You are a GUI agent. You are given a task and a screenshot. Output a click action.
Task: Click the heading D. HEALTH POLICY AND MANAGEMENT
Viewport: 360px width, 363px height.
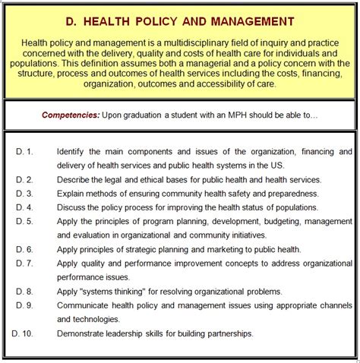click(x=180, y=23)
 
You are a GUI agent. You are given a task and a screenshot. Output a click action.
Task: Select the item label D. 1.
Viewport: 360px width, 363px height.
click(x=24, y=152)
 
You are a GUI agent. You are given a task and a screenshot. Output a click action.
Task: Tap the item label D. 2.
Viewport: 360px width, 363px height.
click(x=24, y=180)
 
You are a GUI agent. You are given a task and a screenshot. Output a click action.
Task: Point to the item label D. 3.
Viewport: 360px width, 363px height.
click(x=24, y=194)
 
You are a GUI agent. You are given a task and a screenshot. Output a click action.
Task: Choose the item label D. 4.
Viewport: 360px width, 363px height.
click(x=24, y=207)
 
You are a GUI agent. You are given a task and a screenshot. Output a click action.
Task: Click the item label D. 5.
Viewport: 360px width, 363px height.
click(x=24, y=221)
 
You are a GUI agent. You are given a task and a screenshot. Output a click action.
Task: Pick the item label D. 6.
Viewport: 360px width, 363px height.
click(x=24, y=249)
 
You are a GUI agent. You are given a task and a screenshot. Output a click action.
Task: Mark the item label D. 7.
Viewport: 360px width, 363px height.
click(x=24, y=263)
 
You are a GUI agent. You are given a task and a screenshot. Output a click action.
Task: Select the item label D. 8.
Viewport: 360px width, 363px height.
click(x=24, y=291)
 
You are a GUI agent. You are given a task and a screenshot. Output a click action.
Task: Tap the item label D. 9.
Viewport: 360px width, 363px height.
click(x=24, y=305)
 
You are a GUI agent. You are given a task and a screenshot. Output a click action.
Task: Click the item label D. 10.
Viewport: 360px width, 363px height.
click(x=23, y=333)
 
